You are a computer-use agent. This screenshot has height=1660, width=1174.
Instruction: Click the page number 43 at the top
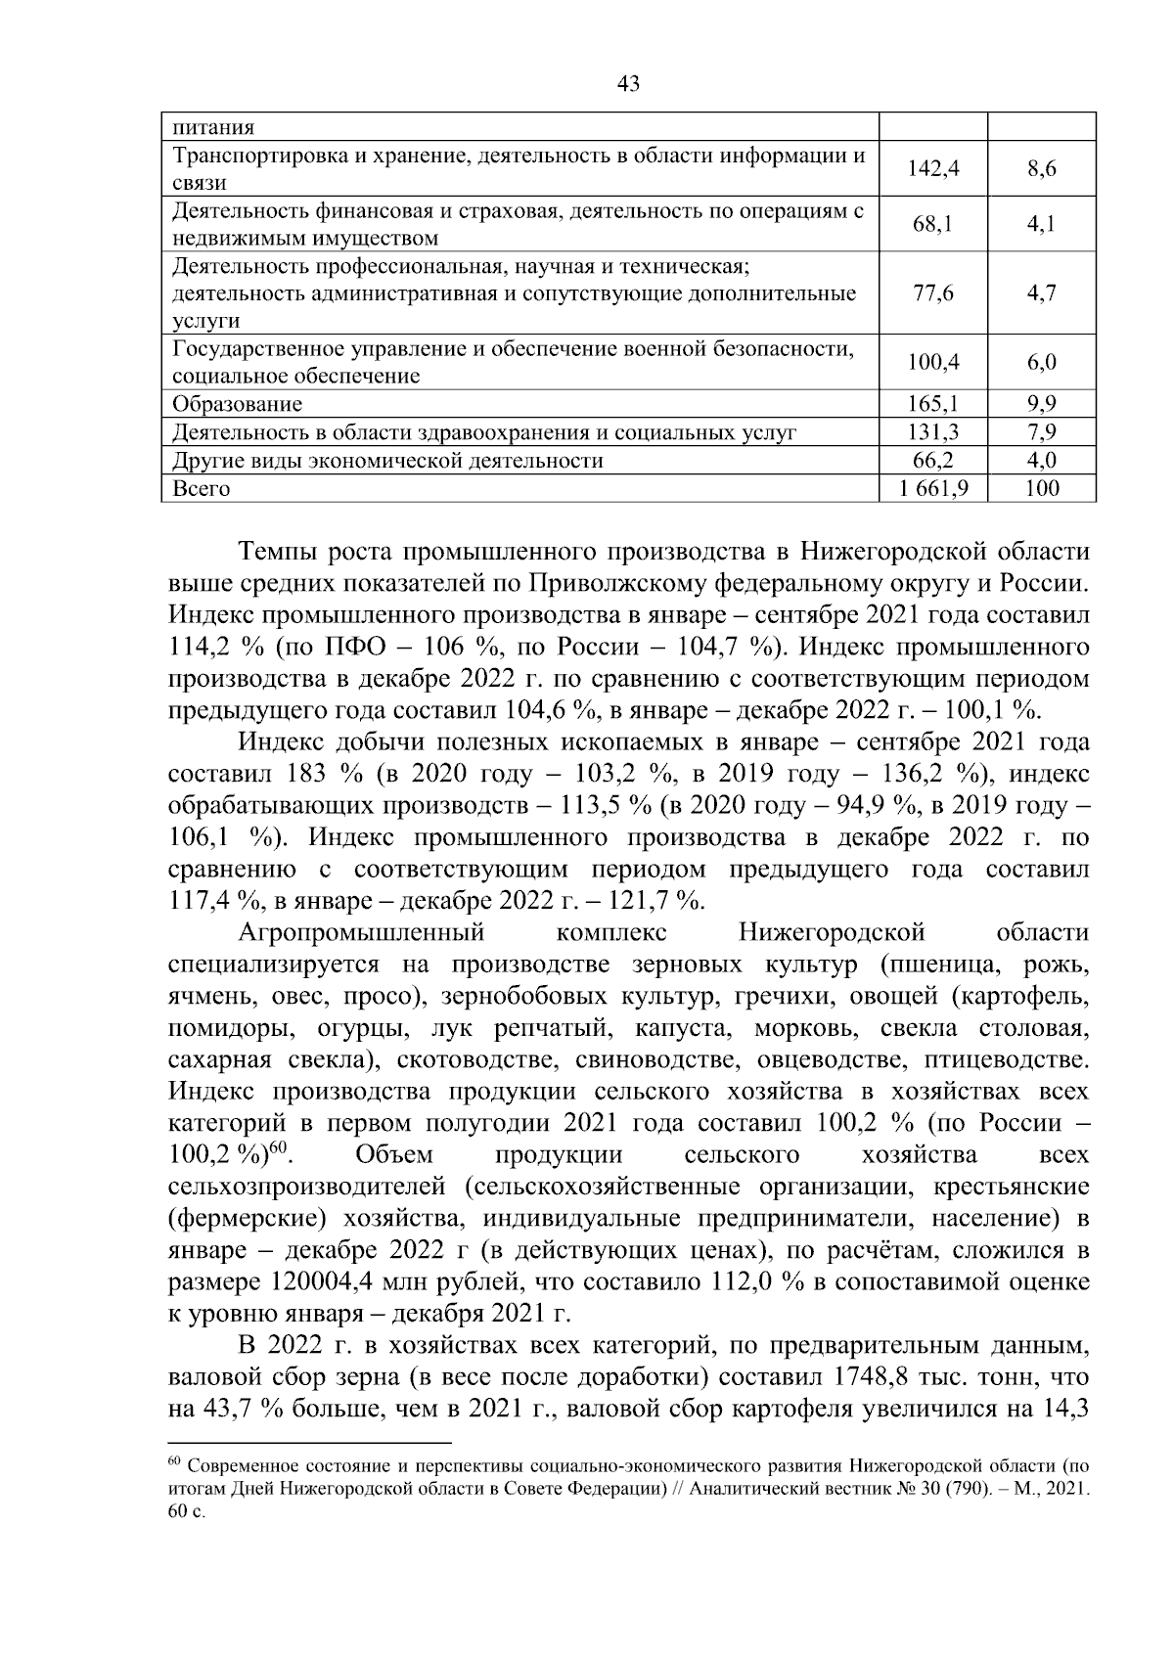(x=629, y=85)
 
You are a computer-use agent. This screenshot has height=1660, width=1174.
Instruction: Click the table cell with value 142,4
(x=933, y=169)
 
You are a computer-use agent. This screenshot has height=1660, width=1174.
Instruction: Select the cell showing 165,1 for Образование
(x=933, y=403)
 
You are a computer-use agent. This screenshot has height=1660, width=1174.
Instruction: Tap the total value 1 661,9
(x=933, y=488)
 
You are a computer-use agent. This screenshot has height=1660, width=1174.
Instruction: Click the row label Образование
(x=238, y=404)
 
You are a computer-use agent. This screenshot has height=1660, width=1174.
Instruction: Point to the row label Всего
(x=202, y=489)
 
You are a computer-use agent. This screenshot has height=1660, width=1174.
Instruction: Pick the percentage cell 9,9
(x=1041, y=403)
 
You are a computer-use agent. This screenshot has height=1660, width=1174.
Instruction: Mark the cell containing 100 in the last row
(x=1041, y=488)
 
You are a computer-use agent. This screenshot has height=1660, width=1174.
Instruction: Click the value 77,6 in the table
(x=933, y=293)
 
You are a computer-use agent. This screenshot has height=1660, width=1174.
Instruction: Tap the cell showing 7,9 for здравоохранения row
(x=1041, y=431)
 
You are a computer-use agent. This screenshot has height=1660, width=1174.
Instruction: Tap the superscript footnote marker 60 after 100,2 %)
(x=277, y=1148)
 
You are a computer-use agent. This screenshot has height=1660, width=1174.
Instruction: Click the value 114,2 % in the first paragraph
(x=214, y=648)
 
